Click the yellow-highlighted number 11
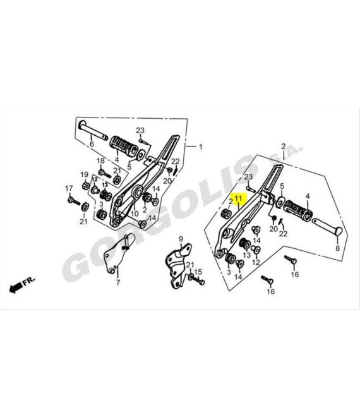pyautogui.click(x=238, y=198)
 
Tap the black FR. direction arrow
pyautogui.click(x=16, y=287)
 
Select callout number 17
pyautogui.click(x=69, y=188)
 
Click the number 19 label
pyautogui.click(x=84, y=175)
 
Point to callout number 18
pyautogui.click(x=100, y=161)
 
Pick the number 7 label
pyautogui.click(x=117, y=282)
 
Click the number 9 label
pyautogui.click(x=181, y=239)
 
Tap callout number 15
pyautogui.click(x=198, y=272)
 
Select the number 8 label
pyautogui.click(x=337, y=248)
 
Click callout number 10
pyautogui.click(x=135, y=214)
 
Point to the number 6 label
pyautogui.click(x=92, y=144)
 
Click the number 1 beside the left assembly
pyautogui.click(x=201, y=147)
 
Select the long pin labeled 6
pyautogui.click(x=93, y=130)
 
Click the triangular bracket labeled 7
pyautogui.click(x=117, y=254)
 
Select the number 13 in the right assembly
pyautogui.click(x=246, y=255)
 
